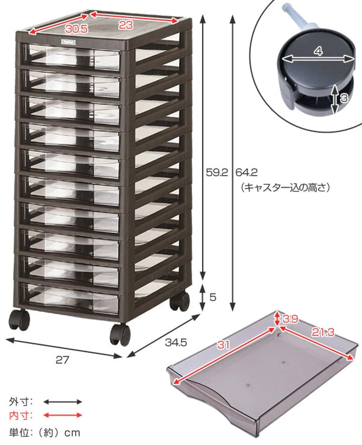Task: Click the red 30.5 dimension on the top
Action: pos(76,29)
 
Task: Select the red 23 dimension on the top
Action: pos(126,25)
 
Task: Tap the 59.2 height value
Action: pos(217,172)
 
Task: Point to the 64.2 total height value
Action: pos(246,172)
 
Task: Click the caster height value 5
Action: pos(213,297)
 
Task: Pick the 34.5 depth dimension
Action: pos(176,343)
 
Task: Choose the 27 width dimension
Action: pos(62,360)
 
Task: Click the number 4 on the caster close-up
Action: pos(319,51)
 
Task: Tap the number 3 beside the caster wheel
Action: pos(344,98)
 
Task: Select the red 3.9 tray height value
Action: pos(290,319)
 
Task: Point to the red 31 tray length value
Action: pos(223,345)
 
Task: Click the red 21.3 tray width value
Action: pos(323,332)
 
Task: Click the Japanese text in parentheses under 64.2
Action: pos(285,187)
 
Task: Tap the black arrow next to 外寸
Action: pos(62,402)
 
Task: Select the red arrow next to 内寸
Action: pos(62,415)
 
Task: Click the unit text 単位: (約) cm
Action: pos(44,432)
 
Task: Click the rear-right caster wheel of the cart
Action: pos(179,301)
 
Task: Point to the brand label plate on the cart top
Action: pos(68,42)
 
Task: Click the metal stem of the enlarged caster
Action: pos(298,18)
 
